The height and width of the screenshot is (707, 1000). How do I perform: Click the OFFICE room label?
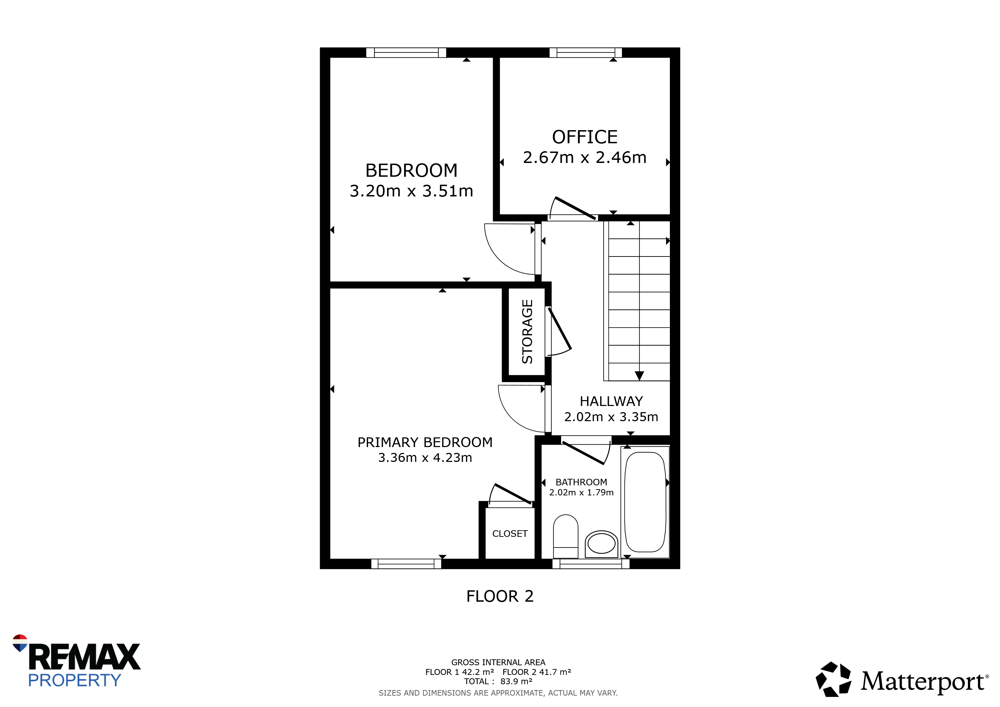[585, 137]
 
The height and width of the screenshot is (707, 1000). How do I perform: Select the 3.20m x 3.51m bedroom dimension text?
[411, 191]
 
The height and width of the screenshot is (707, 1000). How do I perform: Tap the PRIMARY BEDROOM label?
[425, 442]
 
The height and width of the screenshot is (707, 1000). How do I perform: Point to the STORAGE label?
[527, 331]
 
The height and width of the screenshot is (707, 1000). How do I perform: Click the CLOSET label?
[510, 534]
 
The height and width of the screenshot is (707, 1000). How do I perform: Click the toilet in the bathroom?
[565, 536]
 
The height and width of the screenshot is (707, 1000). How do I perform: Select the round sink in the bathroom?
[601, 544]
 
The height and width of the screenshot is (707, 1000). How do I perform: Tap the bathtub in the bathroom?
[645, 502]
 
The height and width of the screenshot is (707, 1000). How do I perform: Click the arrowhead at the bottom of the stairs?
[639, 376]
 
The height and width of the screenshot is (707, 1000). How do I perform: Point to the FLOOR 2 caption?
[500, 596]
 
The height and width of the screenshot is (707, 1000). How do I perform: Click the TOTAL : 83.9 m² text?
[498, 682]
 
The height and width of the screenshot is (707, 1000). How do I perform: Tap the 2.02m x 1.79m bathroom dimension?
[581, 492]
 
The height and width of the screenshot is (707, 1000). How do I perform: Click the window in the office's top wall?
[585, 53]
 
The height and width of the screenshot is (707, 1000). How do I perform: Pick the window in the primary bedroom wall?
[406, 564]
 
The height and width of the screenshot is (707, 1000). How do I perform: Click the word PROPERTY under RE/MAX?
[75, 680]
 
